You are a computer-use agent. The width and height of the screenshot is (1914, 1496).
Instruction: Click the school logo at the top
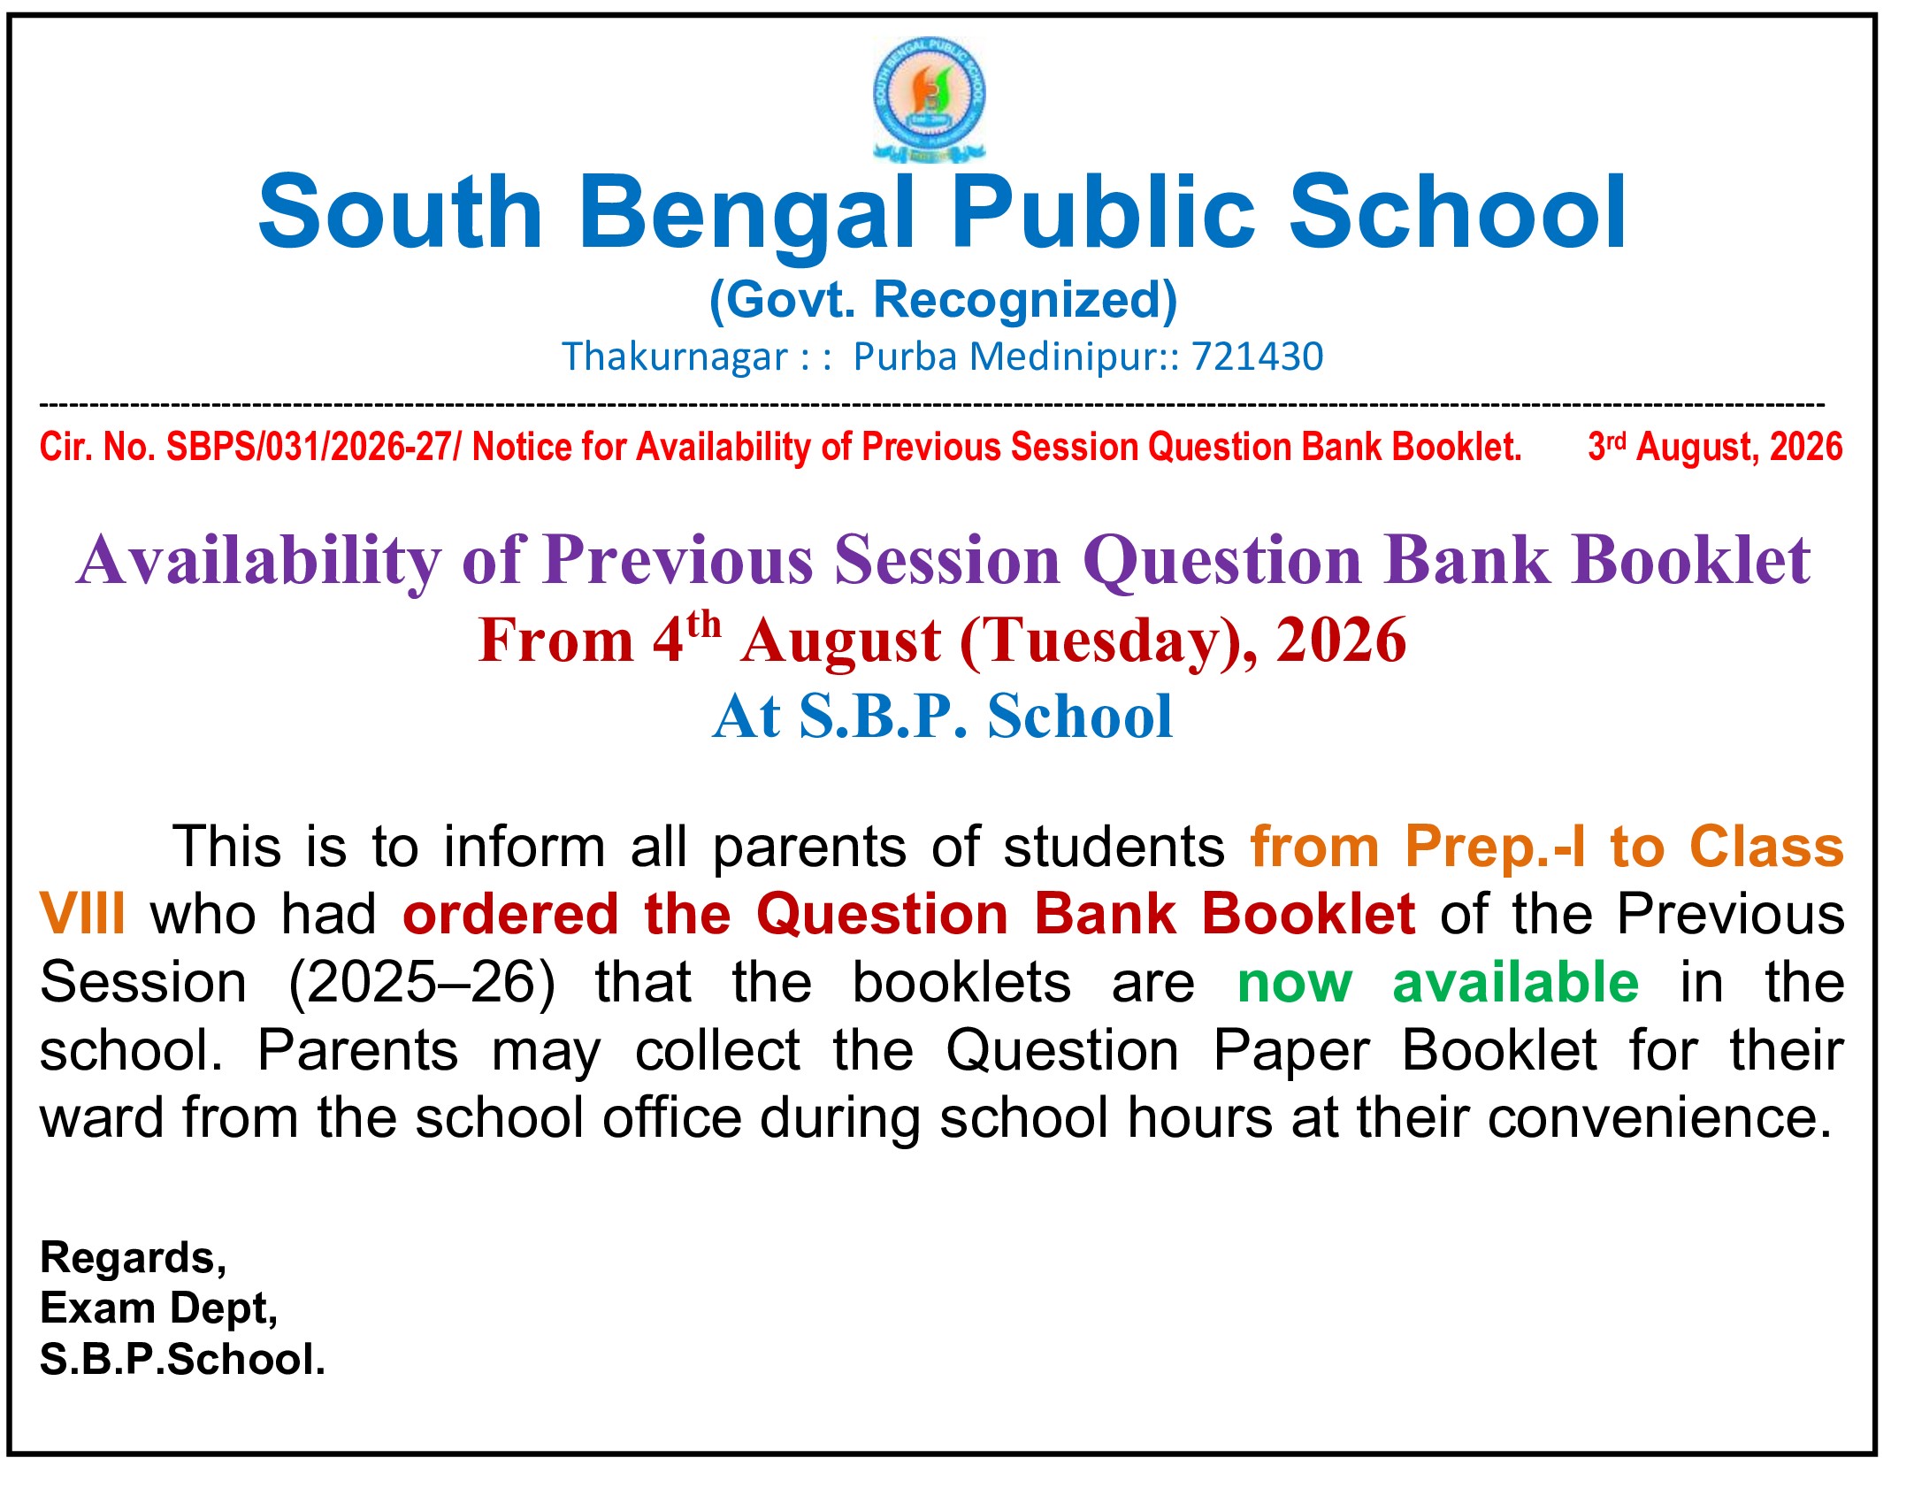coord(930,100)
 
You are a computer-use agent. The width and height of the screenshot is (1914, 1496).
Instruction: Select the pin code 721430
coord(1258,357)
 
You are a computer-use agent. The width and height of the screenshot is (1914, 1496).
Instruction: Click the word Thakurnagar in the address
coord(675,357)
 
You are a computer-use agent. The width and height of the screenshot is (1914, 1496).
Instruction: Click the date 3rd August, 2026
coord(1715,447)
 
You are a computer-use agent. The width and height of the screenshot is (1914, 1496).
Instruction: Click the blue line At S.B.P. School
coord(943,717)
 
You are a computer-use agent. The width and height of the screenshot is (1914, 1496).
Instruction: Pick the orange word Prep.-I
coord(1495,848)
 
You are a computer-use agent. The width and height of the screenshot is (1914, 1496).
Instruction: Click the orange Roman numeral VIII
coord(82,914)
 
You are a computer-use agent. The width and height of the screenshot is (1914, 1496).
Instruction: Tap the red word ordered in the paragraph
coord(510,914)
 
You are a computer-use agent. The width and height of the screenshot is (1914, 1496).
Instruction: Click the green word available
coord(1516,983)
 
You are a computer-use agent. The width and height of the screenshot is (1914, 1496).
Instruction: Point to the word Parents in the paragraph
coord(358,1051)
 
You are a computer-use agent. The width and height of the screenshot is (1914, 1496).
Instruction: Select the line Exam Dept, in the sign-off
coord(159,1309)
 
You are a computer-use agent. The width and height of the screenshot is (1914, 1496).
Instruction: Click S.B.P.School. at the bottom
coord(183,1360)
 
